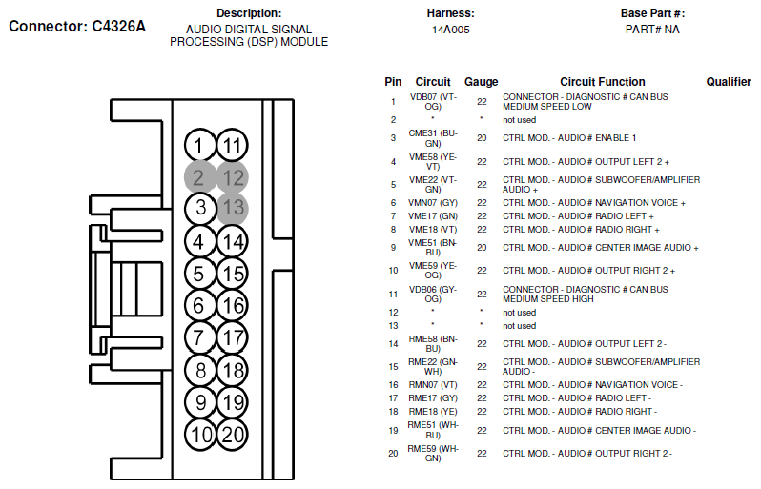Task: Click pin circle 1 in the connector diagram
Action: [199, 145]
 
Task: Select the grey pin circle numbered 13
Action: [233, 209]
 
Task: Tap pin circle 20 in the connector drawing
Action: [233, 434]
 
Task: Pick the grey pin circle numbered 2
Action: [199, 177]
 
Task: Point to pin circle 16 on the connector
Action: [233, 305]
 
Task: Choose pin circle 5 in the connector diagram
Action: [199, 274]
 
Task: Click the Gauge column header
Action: [481, 82]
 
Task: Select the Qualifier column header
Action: [729, 82]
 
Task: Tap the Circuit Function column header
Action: [603, 82]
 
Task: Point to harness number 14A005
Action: [451, 30]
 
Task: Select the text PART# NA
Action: [652, 30]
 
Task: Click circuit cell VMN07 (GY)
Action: [433, 203]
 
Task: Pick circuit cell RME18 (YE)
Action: [433, 412]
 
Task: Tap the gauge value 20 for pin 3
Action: [482, 138]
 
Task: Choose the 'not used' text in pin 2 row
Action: [520, 120]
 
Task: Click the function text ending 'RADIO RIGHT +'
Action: [581, 230]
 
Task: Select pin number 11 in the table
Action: [393, 294]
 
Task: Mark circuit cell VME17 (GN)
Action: [433, 215]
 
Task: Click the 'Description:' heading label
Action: [249, 13]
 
